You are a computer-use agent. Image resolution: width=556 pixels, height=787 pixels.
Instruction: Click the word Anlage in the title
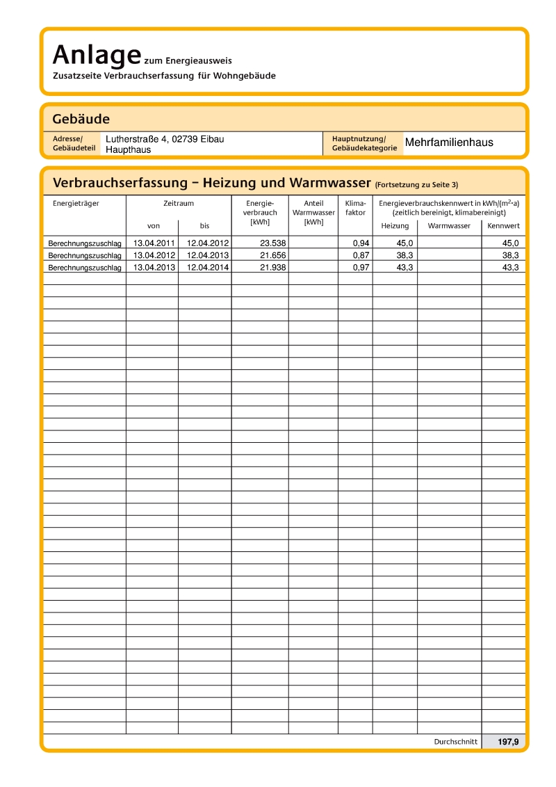click(x=92, y=54)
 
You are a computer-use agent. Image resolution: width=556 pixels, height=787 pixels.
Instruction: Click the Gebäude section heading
click(x=81, y=119)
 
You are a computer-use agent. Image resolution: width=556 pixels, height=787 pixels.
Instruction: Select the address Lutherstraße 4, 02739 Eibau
click(x=165, y=139)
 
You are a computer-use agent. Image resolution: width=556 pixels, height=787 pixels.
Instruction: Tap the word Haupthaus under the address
click(x=128, y=149)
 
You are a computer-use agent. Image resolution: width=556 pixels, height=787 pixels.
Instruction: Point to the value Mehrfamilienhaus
click(x=449, y=143)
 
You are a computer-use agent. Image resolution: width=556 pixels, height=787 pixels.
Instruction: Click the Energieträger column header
click(x=76, y=204)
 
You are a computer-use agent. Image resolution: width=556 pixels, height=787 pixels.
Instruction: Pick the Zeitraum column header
click(x=179, y=204)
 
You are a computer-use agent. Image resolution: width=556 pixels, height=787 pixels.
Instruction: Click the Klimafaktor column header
click(x=355, y=208)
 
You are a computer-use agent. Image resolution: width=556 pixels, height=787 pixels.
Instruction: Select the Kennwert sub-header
click(x=503, y=226)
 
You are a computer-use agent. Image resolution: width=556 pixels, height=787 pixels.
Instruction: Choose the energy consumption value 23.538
click(x=273, y=243)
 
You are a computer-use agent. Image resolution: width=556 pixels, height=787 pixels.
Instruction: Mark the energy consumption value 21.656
click(x=273, y=256)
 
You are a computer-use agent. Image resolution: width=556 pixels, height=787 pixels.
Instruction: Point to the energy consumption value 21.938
click(x=273, y=268)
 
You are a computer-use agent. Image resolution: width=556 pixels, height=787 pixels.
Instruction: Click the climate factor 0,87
click(x=361, y=256)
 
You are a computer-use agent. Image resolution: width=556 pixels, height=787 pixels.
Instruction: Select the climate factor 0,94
click(x=361, y=243)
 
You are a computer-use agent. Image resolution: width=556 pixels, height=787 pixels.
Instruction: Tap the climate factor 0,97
click(x=361, y=268)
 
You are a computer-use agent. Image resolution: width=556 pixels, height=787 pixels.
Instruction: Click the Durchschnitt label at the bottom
click(x=455, y=742)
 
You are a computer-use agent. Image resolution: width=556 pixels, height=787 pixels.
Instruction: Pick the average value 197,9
click(x=508, y=742)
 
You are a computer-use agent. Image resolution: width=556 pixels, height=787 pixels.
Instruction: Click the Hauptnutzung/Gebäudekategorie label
click(x=364, y=143)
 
